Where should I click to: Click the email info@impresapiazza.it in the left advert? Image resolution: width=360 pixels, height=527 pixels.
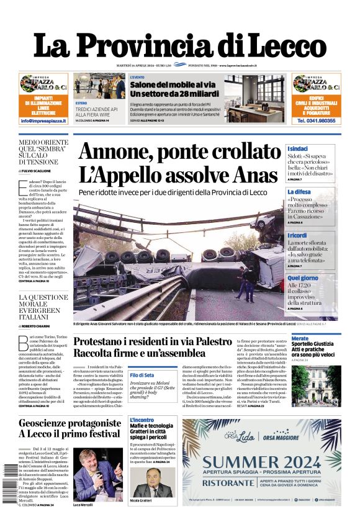[x=43, y=120]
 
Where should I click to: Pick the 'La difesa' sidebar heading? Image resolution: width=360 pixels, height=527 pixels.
[x=299, y=192]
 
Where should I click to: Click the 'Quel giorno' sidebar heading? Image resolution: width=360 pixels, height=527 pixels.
[x=303, y=278]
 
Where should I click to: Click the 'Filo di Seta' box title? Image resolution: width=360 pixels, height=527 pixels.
[x=142, y=375]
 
